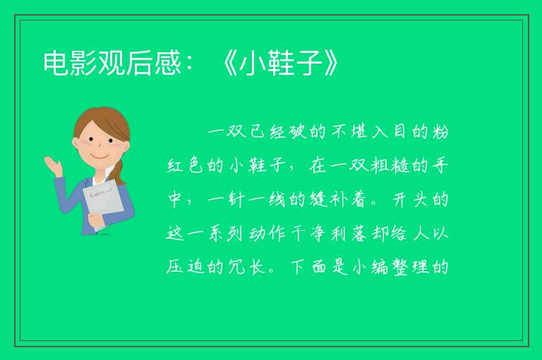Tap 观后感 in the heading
point(140,63)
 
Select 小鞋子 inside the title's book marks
point(281,63)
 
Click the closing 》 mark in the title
point(331,63)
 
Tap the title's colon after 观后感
point(189,64)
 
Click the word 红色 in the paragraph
point(185,166)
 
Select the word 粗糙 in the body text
point(390,166)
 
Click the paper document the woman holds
point(103,203)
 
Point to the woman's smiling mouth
point(100,156)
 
